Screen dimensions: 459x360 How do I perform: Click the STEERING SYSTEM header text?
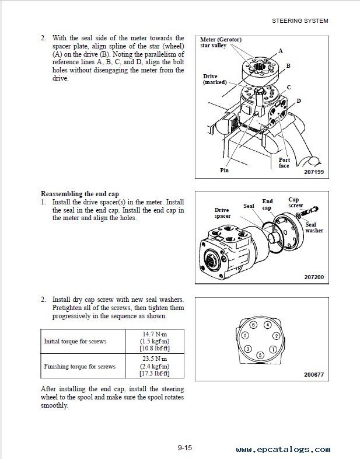(x=300, y=20)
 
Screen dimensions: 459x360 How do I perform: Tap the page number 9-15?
(x=185, y=448)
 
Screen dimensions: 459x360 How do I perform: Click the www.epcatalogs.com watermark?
(x=284, y=450)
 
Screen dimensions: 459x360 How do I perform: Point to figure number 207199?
(x=313, y=172)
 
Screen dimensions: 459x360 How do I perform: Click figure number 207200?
(x=313, y=276)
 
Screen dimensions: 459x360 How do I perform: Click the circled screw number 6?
(x=253, y=324)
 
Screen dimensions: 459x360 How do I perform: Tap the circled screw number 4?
(x=267, y=324)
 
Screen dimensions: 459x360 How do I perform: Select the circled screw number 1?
(x=244, y=336)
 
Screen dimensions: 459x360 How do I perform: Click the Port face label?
(x=284, y=162)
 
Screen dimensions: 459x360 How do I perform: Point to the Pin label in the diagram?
(x=224, y=171)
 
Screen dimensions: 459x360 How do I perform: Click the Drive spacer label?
(x=222, y=213)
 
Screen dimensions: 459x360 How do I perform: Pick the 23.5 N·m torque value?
(x=154, y=359)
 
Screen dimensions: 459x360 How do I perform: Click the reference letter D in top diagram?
(x=299, y=100)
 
